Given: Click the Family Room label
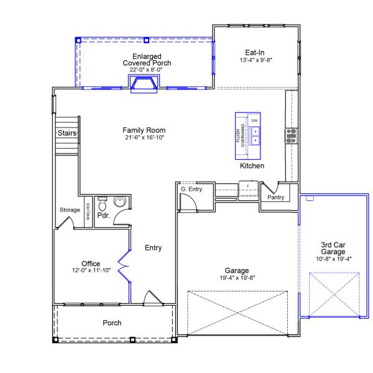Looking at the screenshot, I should tap(144, 130).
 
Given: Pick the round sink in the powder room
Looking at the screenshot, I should tap(119, 202).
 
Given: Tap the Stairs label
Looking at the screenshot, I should tap(67, 133).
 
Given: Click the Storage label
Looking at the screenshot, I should tap(70, 210).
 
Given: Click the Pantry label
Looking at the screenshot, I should tap(275, 198).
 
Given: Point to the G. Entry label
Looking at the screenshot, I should tap(191, 188).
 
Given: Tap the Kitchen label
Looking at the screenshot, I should tap(252, 166).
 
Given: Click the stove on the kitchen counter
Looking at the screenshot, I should tap(291, 136).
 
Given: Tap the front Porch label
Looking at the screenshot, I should tap(113, 323).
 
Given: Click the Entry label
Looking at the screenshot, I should tap(153, 248).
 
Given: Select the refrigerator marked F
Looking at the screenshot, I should tap(248, 185).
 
